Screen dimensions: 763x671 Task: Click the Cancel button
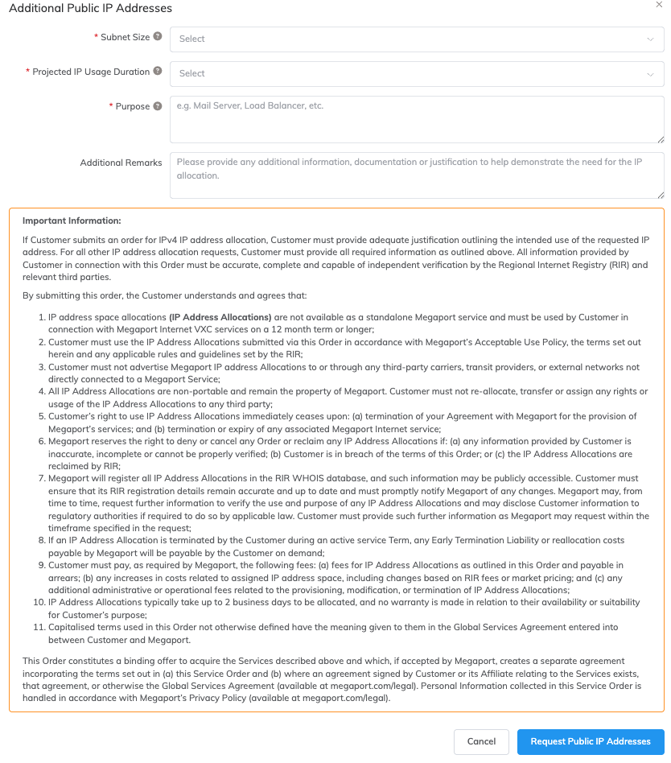(x=481, y=741)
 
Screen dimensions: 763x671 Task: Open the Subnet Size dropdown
(x=417, y=39)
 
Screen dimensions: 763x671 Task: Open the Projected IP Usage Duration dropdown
(x=417, y=73)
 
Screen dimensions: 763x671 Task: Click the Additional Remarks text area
(x=417, y=174)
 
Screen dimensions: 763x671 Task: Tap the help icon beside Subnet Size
(x=158, y=36)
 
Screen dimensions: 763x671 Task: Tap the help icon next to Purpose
(x=158, y=105)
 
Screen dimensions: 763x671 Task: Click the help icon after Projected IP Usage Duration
(x=158, y=71)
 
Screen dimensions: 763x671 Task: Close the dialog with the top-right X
(x=660, y=5)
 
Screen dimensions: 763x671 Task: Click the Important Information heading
(x=72, y=221)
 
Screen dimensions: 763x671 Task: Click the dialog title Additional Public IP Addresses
(x=90, y=8)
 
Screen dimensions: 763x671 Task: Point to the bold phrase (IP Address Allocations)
(x=220, y=317)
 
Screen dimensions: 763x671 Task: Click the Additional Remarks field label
(x=121, y=163)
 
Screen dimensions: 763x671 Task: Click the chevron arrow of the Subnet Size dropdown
(x=650, y=39)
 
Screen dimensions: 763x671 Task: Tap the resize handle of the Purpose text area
(x=661, y=139)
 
